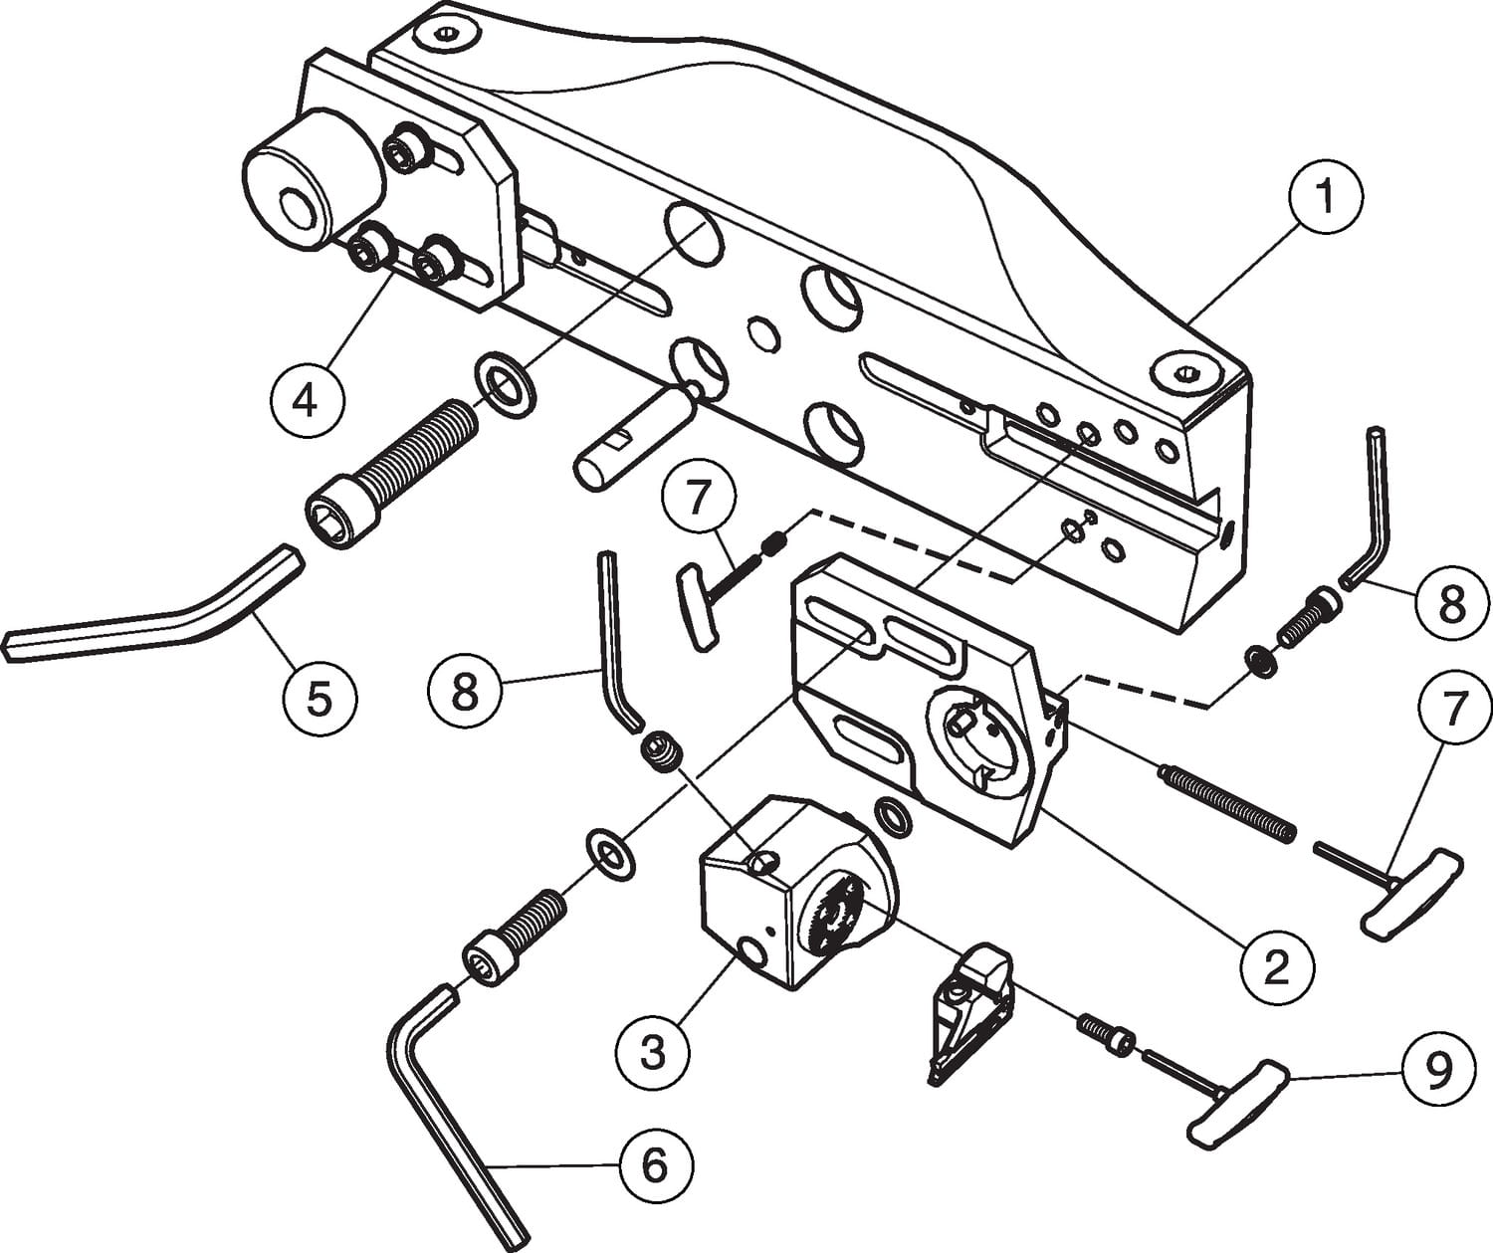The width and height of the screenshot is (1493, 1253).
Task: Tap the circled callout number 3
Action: [x=652, y=1051]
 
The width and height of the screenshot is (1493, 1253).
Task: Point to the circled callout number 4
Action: [x=307, y=401]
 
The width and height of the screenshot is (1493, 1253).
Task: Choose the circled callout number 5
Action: [x=319, y=699]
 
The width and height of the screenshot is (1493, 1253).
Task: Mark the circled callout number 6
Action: [x=654, y=1164]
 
